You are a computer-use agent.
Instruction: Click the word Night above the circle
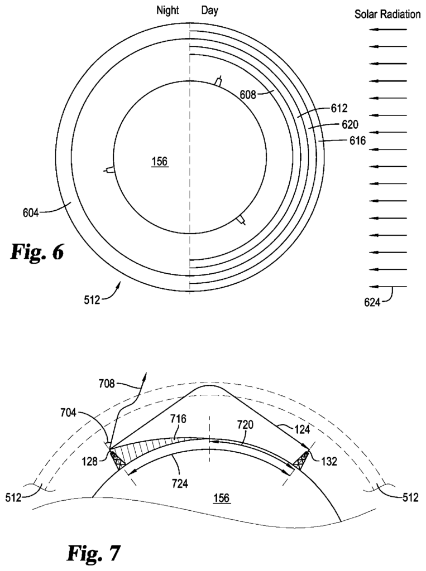(167, 10)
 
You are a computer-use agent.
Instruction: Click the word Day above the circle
(210, 10)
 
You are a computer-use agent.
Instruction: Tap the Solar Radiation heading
(387, 14)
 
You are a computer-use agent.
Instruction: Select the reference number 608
(248, 95)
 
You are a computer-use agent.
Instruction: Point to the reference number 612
(339, 108)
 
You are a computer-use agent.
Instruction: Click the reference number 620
(350, 124)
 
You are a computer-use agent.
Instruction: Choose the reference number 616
(357, 141)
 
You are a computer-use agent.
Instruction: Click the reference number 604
(31, 212)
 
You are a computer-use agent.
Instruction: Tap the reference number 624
(372, 302)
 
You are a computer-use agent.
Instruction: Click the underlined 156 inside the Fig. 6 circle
(160, 161)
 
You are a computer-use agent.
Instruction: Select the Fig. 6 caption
(37, 251)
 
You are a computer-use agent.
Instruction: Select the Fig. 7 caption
(93, 553)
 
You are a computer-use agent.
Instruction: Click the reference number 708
(107, 384)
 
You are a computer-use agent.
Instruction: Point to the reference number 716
(178, 419)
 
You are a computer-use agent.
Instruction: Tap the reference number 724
(180, 483)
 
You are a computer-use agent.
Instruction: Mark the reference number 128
(90, 461)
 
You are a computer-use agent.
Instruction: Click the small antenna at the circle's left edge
(109, 170)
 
